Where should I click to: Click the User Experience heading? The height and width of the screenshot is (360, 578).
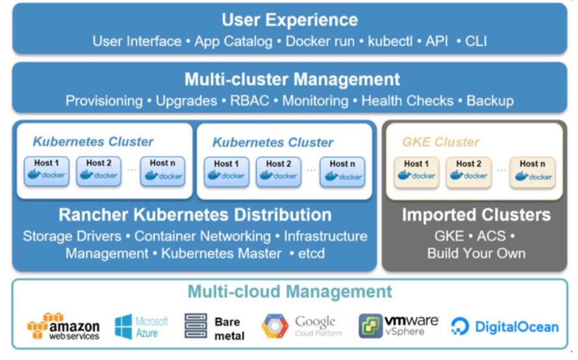click(290, 19)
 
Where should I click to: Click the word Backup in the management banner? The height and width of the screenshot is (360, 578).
click(490, 101)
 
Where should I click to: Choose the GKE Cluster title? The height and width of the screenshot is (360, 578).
click(440, 142)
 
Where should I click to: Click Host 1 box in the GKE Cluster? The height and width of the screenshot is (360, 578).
click(416, 172)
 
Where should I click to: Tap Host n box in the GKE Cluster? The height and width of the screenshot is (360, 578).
click(532, 172)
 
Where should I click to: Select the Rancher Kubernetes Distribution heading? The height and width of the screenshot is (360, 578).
click(195, 215)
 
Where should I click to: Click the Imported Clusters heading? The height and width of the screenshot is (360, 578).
click(476, 215)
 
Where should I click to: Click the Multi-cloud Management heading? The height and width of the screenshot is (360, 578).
click(290, 292)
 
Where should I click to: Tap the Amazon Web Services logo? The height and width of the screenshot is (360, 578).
click(63, 326)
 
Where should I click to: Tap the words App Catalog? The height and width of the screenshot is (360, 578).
click(234, 42)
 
